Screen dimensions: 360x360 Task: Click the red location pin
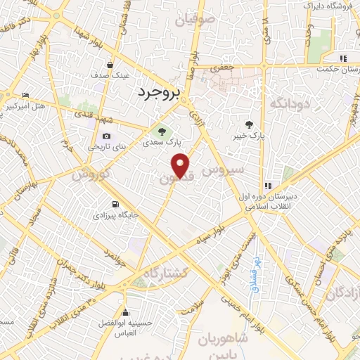[181, 165]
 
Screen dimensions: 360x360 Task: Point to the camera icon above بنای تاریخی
[106, 136]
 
